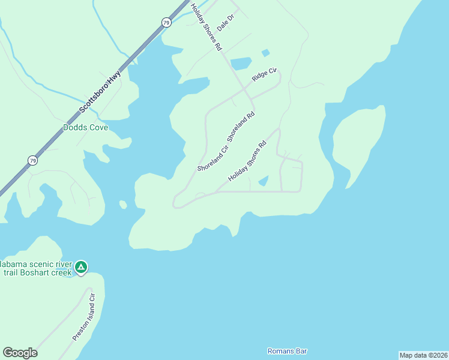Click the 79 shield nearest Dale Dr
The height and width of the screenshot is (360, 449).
[x=166, y=22]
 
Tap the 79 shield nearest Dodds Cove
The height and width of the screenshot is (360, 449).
[x=32, y=160]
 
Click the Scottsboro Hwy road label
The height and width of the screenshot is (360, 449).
[x=100, y=92]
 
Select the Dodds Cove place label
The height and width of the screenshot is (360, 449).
[x=85, y=128]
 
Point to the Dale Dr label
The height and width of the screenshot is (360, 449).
[x=225, y=24]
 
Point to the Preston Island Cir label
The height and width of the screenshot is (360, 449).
[x=84, y=317]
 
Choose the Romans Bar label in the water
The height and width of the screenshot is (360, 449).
[x=286, y=351]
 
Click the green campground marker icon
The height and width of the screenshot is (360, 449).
[x=81, y=266]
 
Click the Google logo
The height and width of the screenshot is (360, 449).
[x=20, y=353]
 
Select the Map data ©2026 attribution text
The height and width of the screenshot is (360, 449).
[x=423, y=355]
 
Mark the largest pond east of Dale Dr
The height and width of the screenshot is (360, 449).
[x=241, y=63]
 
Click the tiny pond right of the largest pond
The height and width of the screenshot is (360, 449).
[x=265, y=53]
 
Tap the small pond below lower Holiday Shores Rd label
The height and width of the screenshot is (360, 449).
[x=263, y=181]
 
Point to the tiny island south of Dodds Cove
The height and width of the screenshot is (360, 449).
[x=123, y=205]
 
